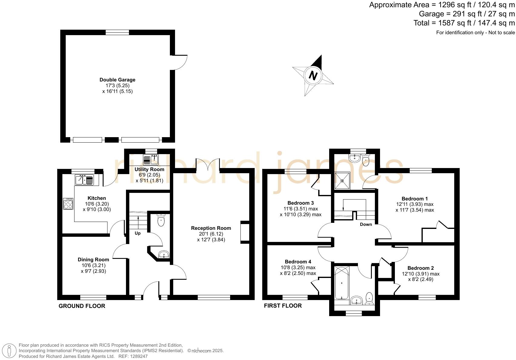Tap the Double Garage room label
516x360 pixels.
point(117,80)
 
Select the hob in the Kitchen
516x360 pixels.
point(68,203)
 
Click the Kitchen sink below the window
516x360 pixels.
point(85,180)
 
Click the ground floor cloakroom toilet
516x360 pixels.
point(161,220)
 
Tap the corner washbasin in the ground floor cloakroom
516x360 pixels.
point(164,254)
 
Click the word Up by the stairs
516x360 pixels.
point(137,233)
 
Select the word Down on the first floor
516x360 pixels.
point(366,224)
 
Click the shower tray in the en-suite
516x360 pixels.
point(342,181)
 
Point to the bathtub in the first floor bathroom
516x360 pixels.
point(342,282)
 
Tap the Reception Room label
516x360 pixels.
point(211,228)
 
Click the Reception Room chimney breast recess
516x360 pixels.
point(245,232)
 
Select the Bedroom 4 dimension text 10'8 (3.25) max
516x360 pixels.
point(298,268)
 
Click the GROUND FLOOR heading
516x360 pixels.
point(82,306)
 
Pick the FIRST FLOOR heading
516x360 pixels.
point(283,306)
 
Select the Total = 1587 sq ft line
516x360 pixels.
point(464,23)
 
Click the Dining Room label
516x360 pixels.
point(93,259)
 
